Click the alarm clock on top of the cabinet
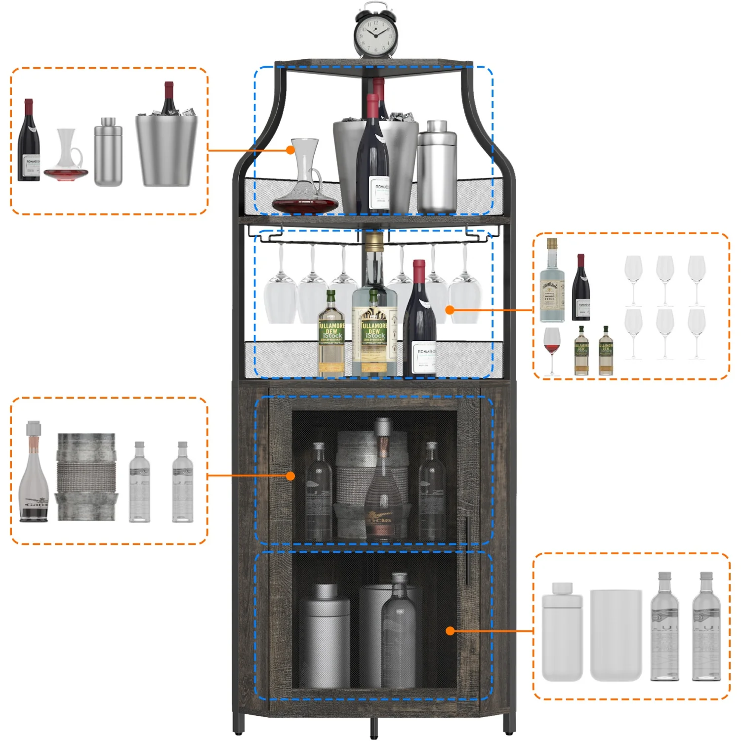click(375, 34)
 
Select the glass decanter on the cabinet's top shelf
click(305, 183)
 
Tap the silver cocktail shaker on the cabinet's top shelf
click(437, 168)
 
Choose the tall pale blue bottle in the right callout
click(551, 284)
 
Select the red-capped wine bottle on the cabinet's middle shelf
click(419, 326)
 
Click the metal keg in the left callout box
click(86, 477)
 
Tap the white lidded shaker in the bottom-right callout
click(562, 632)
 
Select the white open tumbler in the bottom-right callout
click(616, 635)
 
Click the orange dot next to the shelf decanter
click(290, 150)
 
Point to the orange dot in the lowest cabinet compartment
click(450, 631)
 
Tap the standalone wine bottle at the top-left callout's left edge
click(29, 143)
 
